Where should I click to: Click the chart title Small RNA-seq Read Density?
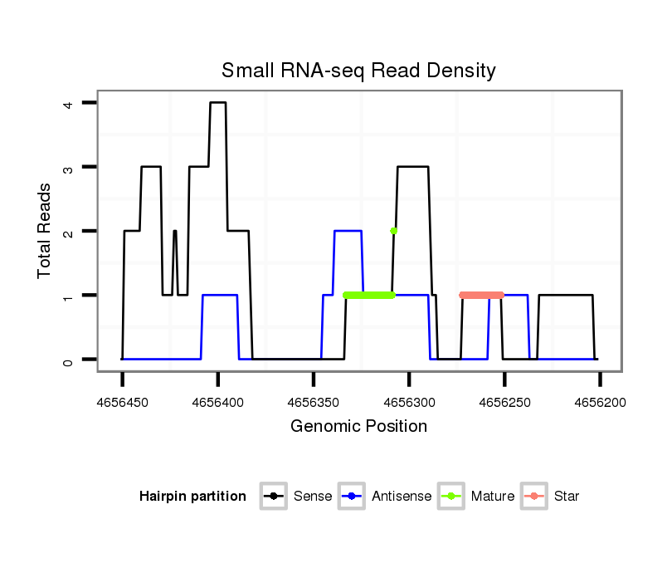[x=358, y=71]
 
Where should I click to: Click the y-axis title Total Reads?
[x=45, y=231]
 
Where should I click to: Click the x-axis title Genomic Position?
[x=358, y=427]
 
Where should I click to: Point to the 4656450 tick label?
[x=122, y=402]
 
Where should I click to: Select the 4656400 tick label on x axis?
[x=217, y=402]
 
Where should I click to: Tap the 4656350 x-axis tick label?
[x=313, y=402]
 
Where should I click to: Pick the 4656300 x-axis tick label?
[x=409, y=402]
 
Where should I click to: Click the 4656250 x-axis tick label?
[x=504, y=402]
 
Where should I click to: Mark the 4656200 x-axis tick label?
[x=600, y=402]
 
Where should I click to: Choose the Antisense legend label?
[x=401, y=497]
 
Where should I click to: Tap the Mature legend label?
[x=492, y=497]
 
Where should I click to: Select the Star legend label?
[x=566, y=497]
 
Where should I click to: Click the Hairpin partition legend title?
[x=192, y=497]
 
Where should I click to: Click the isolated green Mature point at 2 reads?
[x=394, y=231]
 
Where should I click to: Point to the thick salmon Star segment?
[x=481, y=295]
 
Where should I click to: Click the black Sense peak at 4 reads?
[x=217, y=103]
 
